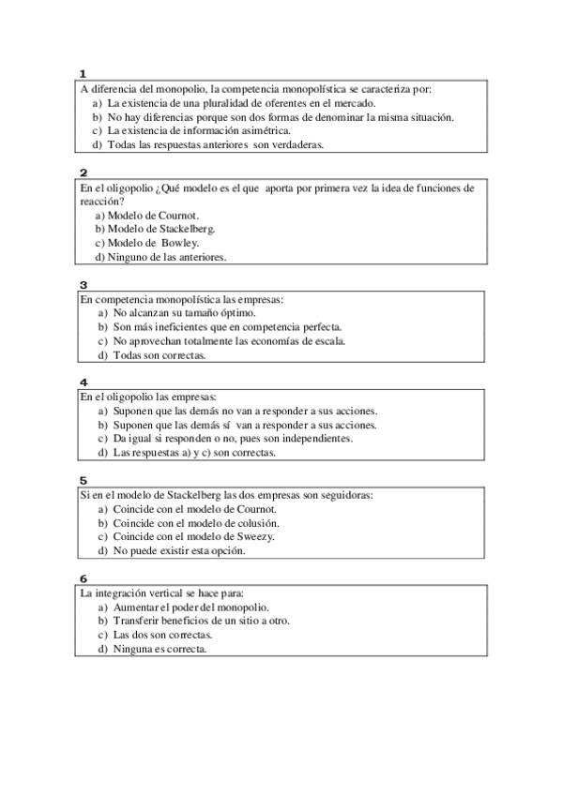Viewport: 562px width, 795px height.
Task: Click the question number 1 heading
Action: (x=84, y=74)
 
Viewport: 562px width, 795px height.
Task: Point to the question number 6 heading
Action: (x=84, y=578)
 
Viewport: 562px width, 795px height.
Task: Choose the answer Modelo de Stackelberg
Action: (x=155, y=229)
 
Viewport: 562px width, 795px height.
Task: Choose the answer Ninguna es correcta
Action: (x=159, y=649)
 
